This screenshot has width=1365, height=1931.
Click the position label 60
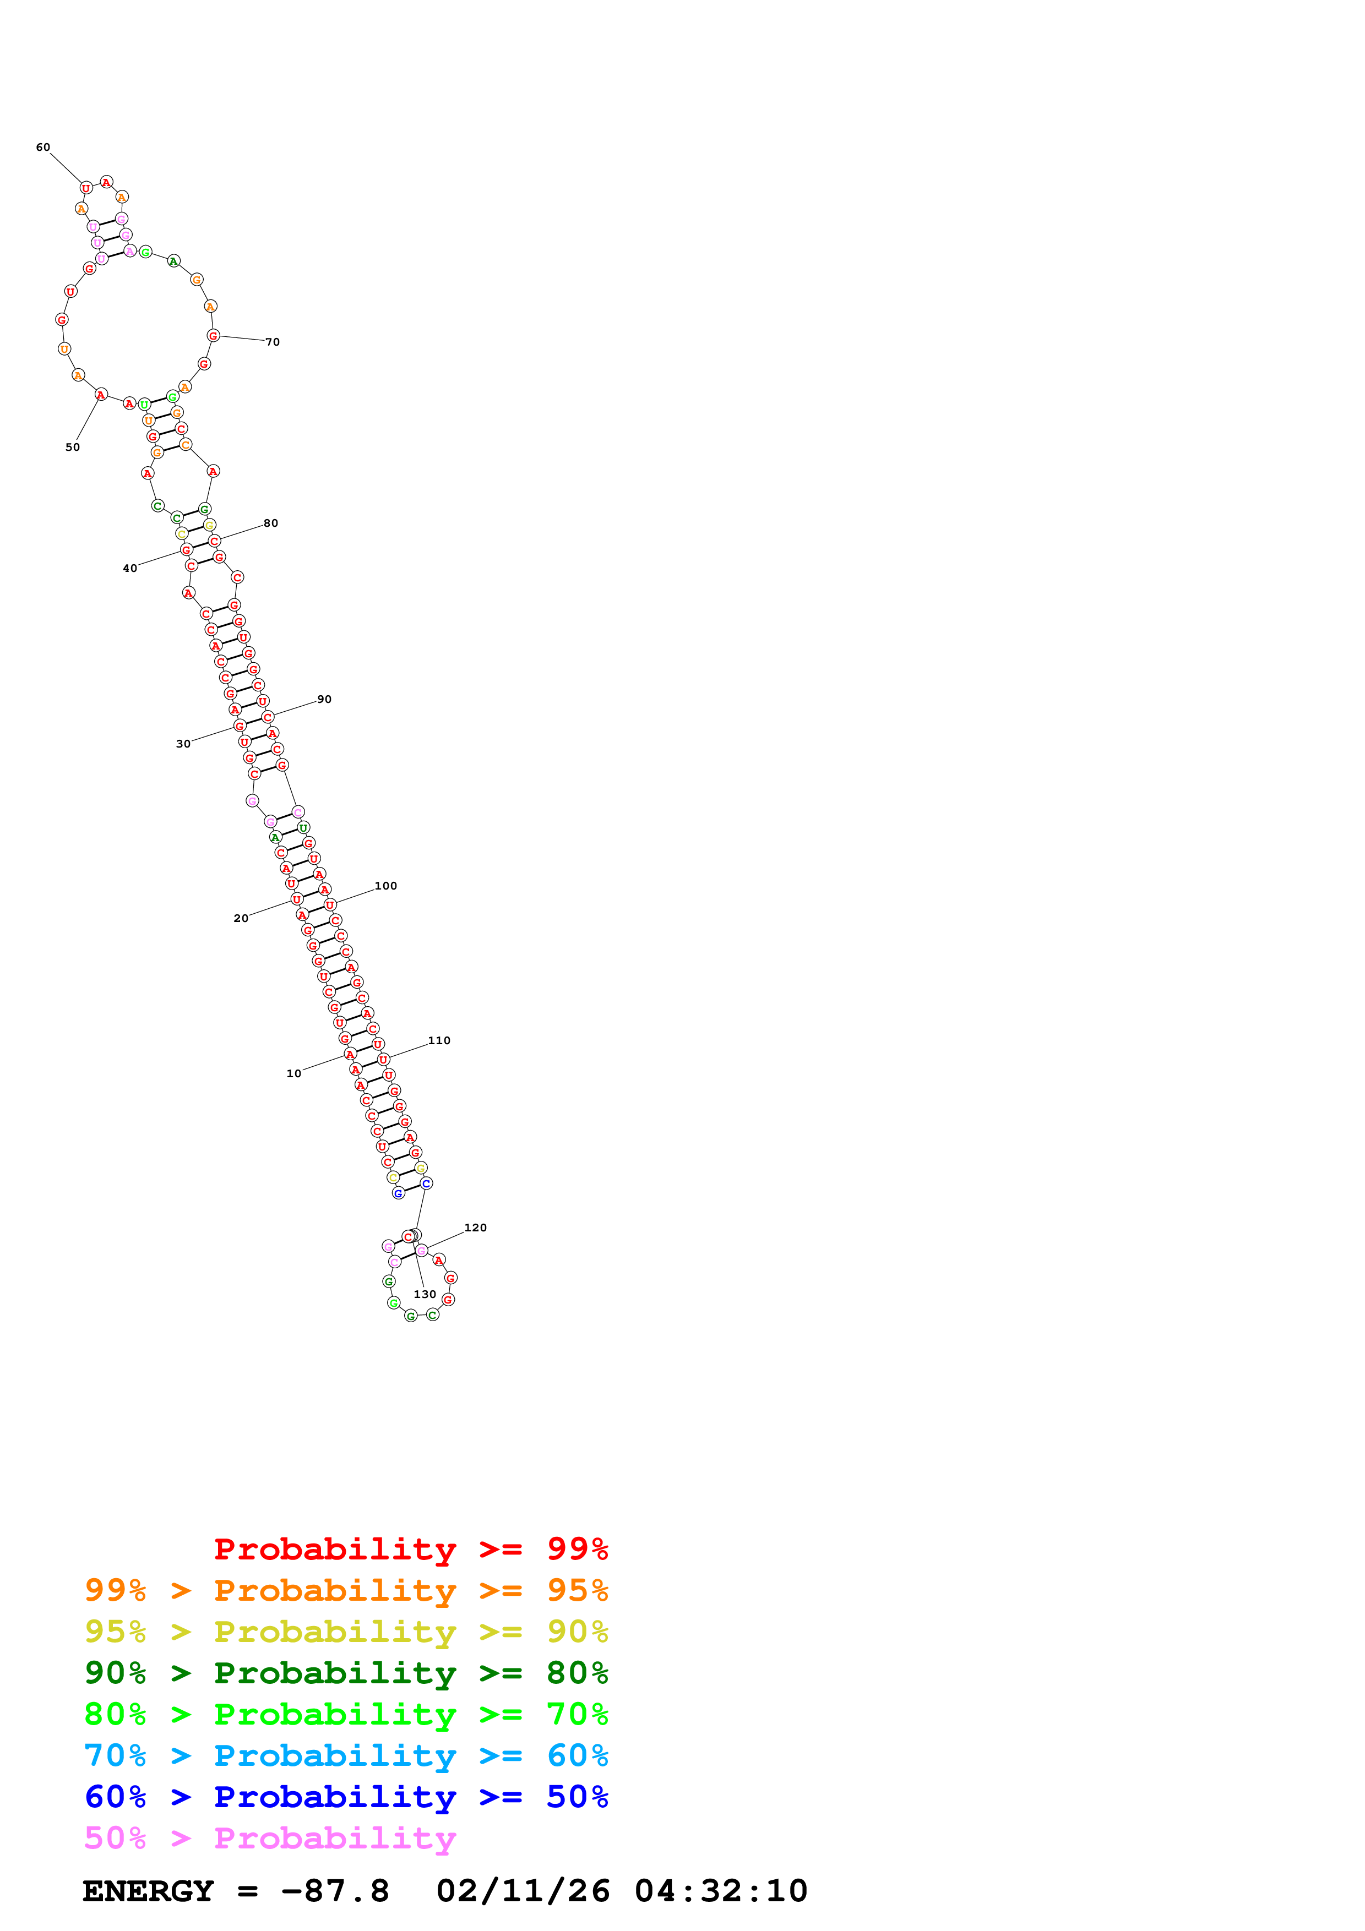point(43,147)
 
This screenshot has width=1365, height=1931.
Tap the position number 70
point(273,342)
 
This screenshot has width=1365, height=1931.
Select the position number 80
point(271,523)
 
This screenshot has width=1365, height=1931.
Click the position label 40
point(129,569)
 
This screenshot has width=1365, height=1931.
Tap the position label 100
point(386,886)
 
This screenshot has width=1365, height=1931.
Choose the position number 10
point(293,1074)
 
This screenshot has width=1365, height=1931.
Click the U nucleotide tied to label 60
point(86,188)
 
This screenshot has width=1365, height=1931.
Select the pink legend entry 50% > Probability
point(270,1839)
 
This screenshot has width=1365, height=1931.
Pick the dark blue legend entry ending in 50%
point(346,1797)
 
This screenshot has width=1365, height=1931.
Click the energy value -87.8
point(335,1891)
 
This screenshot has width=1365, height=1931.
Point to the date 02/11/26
point(523,1891)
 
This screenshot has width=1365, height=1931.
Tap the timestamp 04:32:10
point(721,1891)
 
